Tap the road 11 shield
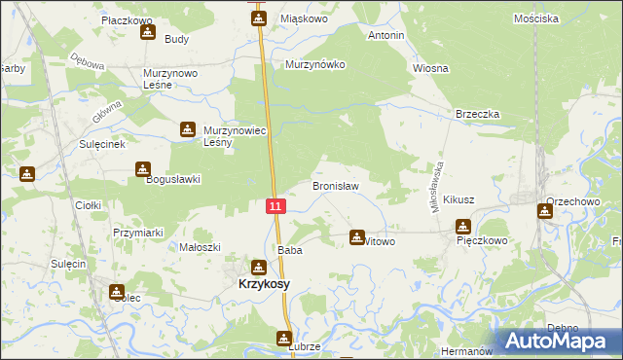(x=276, y=205)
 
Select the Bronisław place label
(x=336, y=185)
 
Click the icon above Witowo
(x=358, y=236)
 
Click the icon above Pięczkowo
(x=462, y=227)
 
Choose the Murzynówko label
(x=315, y=64)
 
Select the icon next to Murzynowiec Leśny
(x=187, y=129)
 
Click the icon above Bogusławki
(x=143, y=169)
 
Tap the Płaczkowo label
(x=128, y=18)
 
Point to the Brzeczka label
(x=478, y=114)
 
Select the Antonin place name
(x=385, y=35)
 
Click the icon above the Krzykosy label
(x=258, y=267)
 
